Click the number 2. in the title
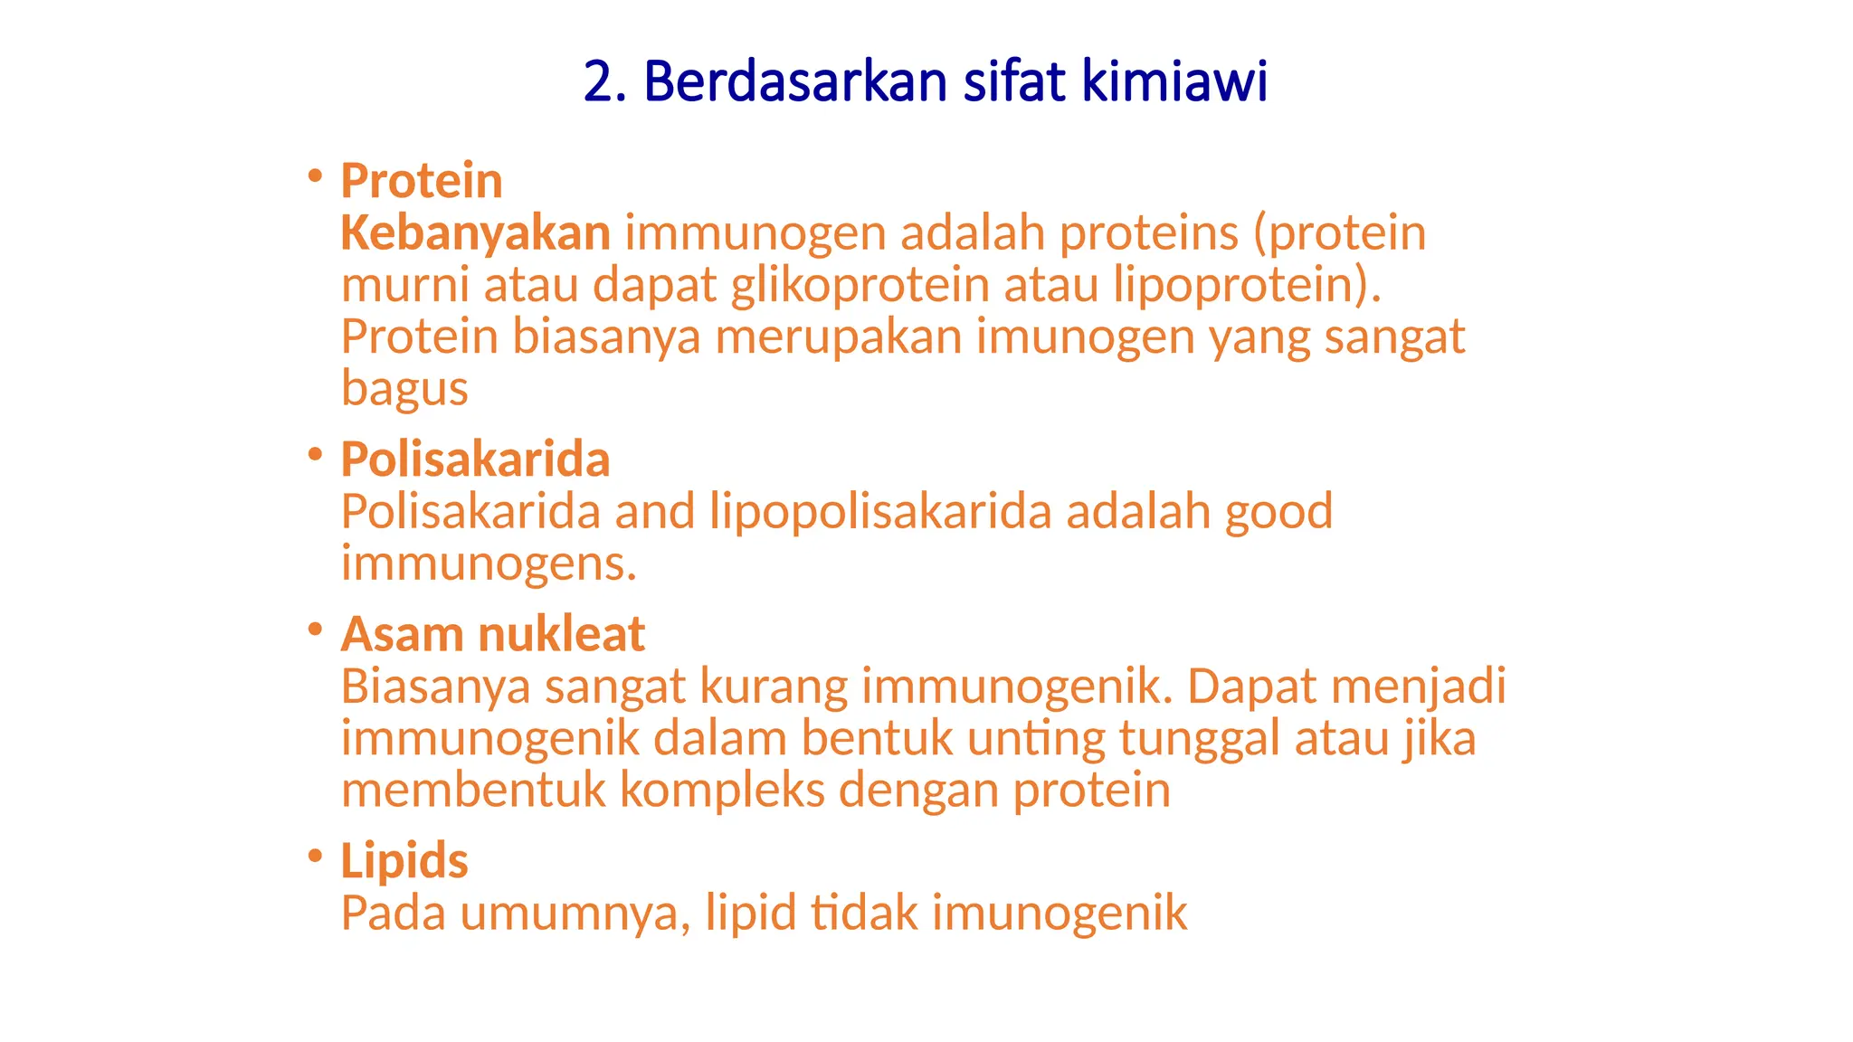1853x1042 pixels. pyautogui.click(x=604, y=81)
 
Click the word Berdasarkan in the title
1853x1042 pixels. pyautogui.click(x=794, y=81)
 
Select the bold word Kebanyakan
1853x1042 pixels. pyautogui.click(x=476, y=233)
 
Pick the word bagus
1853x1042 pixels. pyautogui.click(x=404, y=389)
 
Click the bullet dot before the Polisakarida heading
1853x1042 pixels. pyautogui.click(x=315, y=454)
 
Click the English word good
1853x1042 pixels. pyautogui.click(x=1278, y=512)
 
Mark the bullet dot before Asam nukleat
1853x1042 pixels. pyautogui.click(x=315, y=629)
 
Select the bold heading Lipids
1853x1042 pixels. pyautogui.click(x=404, y=861)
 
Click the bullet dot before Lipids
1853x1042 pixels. pyautogui.click(x=315, y=855)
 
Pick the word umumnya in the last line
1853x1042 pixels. pyautogui.click(x=575, y=914)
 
